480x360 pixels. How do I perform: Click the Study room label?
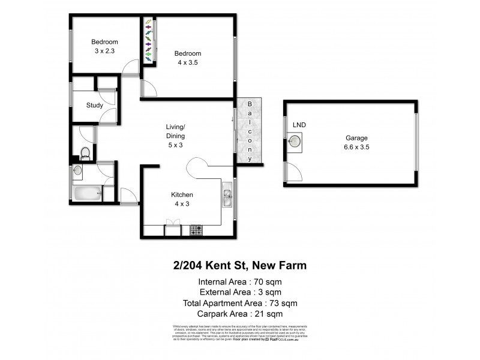[x=94, y=106]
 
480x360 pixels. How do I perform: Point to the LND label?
[x=299, y=125]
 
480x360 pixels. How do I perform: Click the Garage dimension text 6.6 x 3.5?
[x=356, y=147]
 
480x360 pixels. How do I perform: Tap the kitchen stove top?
[x=196, y=229]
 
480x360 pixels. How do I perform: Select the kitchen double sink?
[x=228, y=196]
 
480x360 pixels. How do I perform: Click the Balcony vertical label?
[x=250, y=130]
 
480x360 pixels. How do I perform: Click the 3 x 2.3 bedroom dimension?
[x=104, y=52]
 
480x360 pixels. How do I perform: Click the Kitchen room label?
[x=182, y=195]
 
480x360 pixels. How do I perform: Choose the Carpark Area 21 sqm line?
[x=239, y=313]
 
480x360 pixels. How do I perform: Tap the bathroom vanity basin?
[x=78, y=170]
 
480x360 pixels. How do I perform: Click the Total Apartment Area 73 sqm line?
[x=239, y=302]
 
